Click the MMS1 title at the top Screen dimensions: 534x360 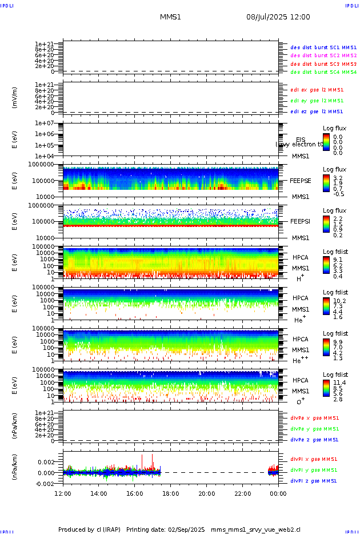pos(170,17)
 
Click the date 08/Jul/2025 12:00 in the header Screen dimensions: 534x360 pos(278,17)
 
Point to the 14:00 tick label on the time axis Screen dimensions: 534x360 pos(99,493)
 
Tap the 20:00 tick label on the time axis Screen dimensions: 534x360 pos(206,493)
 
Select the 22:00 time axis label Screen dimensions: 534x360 pos(242,493)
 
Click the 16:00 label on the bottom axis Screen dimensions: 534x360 pos(135,493)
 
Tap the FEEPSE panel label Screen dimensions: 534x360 pos(301,180)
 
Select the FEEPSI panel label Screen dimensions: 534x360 pos(301,221)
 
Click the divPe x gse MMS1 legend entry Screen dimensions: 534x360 pos(314,417)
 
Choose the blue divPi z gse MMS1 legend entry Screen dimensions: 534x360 pos(313,481)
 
